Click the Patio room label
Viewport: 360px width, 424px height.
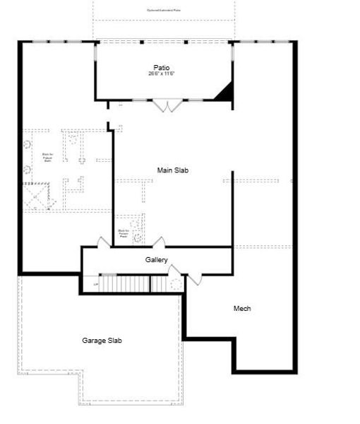162,68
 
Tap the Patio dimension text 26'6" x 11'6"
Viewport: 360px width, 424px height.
162,74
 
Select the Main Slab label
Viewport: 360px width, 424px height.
173,170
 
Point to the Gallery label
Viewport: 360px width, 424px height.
157,260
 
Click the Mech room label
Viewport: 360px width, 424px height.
242,308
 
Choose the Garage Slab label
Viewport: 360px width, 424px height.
102,341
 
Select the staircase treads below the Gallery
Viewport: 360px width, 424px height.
124,284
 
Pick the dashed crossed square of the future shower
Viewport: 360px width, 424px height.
39,196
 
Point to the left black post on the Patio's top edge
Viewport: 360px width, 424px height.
142,42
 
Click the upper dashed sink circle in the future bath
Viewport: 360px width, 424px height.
27,144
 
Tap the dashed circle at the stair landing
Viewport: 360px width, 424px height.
172,283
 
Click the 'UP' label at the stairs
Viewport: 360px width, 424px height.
96,285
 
